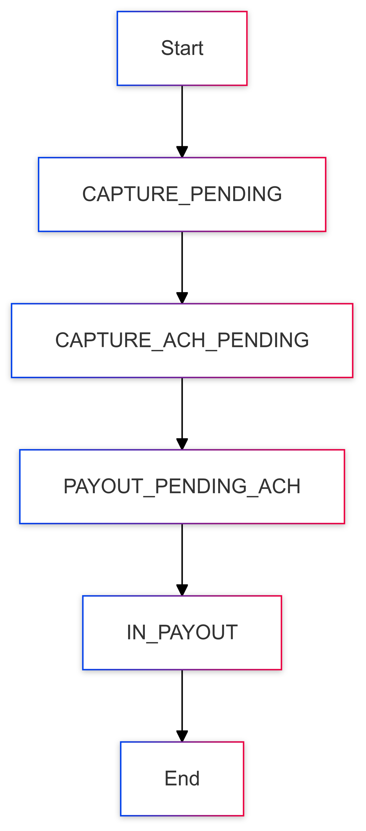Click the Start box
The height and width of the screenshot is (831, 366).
pyautogui.click(x=182, y=48)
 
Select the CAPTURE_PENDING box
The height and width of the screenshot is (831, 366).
pyautogui.click(x=182, y=194)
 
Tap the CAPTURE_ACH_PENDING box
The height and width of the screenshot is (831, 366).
pyautogui.click(x=182, y=341)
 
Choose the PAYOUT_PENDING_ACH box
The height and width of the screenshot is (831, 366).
pyautogui.click(x=182, y=487)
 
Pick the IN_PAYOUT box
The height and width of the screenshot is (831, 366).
pyautogui.click(x=182, y=633)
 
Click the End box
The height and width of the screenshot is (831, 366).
pyautogui.click(x=182, y=779)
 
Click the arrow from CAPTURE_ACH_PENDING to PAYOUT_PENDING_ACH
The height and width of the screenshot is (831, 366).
pyautogui.click(x=182, y=414)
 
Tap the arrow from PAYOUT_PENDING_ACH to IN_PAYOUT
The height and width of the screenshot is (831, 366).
pyautogui.click(x=182, y=560)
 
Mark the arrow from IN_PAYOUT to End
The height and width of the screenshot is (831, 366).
pyautogui.click(x=182, y=706)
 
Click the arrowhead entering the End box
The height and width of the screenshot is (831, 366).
pyautogui.click(x=182, y=736)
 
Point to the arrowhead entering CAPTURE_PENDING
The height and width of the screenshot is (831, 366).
pyautogui.click(x=182, y=152)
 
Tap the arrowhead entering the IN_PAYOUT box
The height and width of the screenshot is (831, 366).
pyautogui.click(x=182, y=590)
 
